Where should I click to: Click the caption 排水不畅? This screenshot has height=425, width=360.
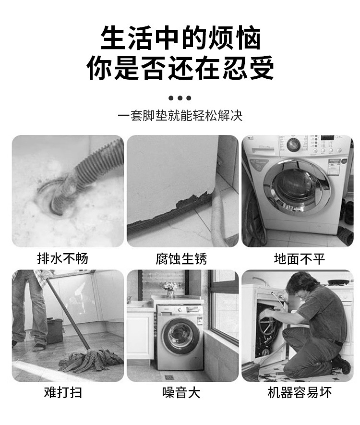tap(63, 259)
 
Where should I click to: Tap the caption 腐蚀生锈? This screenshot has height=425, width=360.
tap(181, 259)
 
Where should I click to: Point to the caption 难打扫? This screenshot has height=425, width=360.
tap(63, 392)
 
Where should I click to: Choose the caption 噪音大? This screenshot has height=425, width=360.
tap(181, 392)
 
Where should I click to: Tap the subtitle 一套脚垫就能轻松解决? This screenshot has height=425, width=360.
tap(180, 116)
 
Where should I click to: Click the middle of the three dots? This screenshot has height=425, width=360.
tap(180, 98)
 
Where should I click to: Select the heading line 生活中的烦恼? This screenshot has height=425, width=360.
tap(180, 38)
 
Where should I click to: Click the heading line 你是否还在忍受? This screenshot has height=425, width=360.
tap(180, 68)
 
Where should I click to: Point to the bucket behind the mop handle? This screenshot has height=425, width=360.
tap(54, 330)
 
